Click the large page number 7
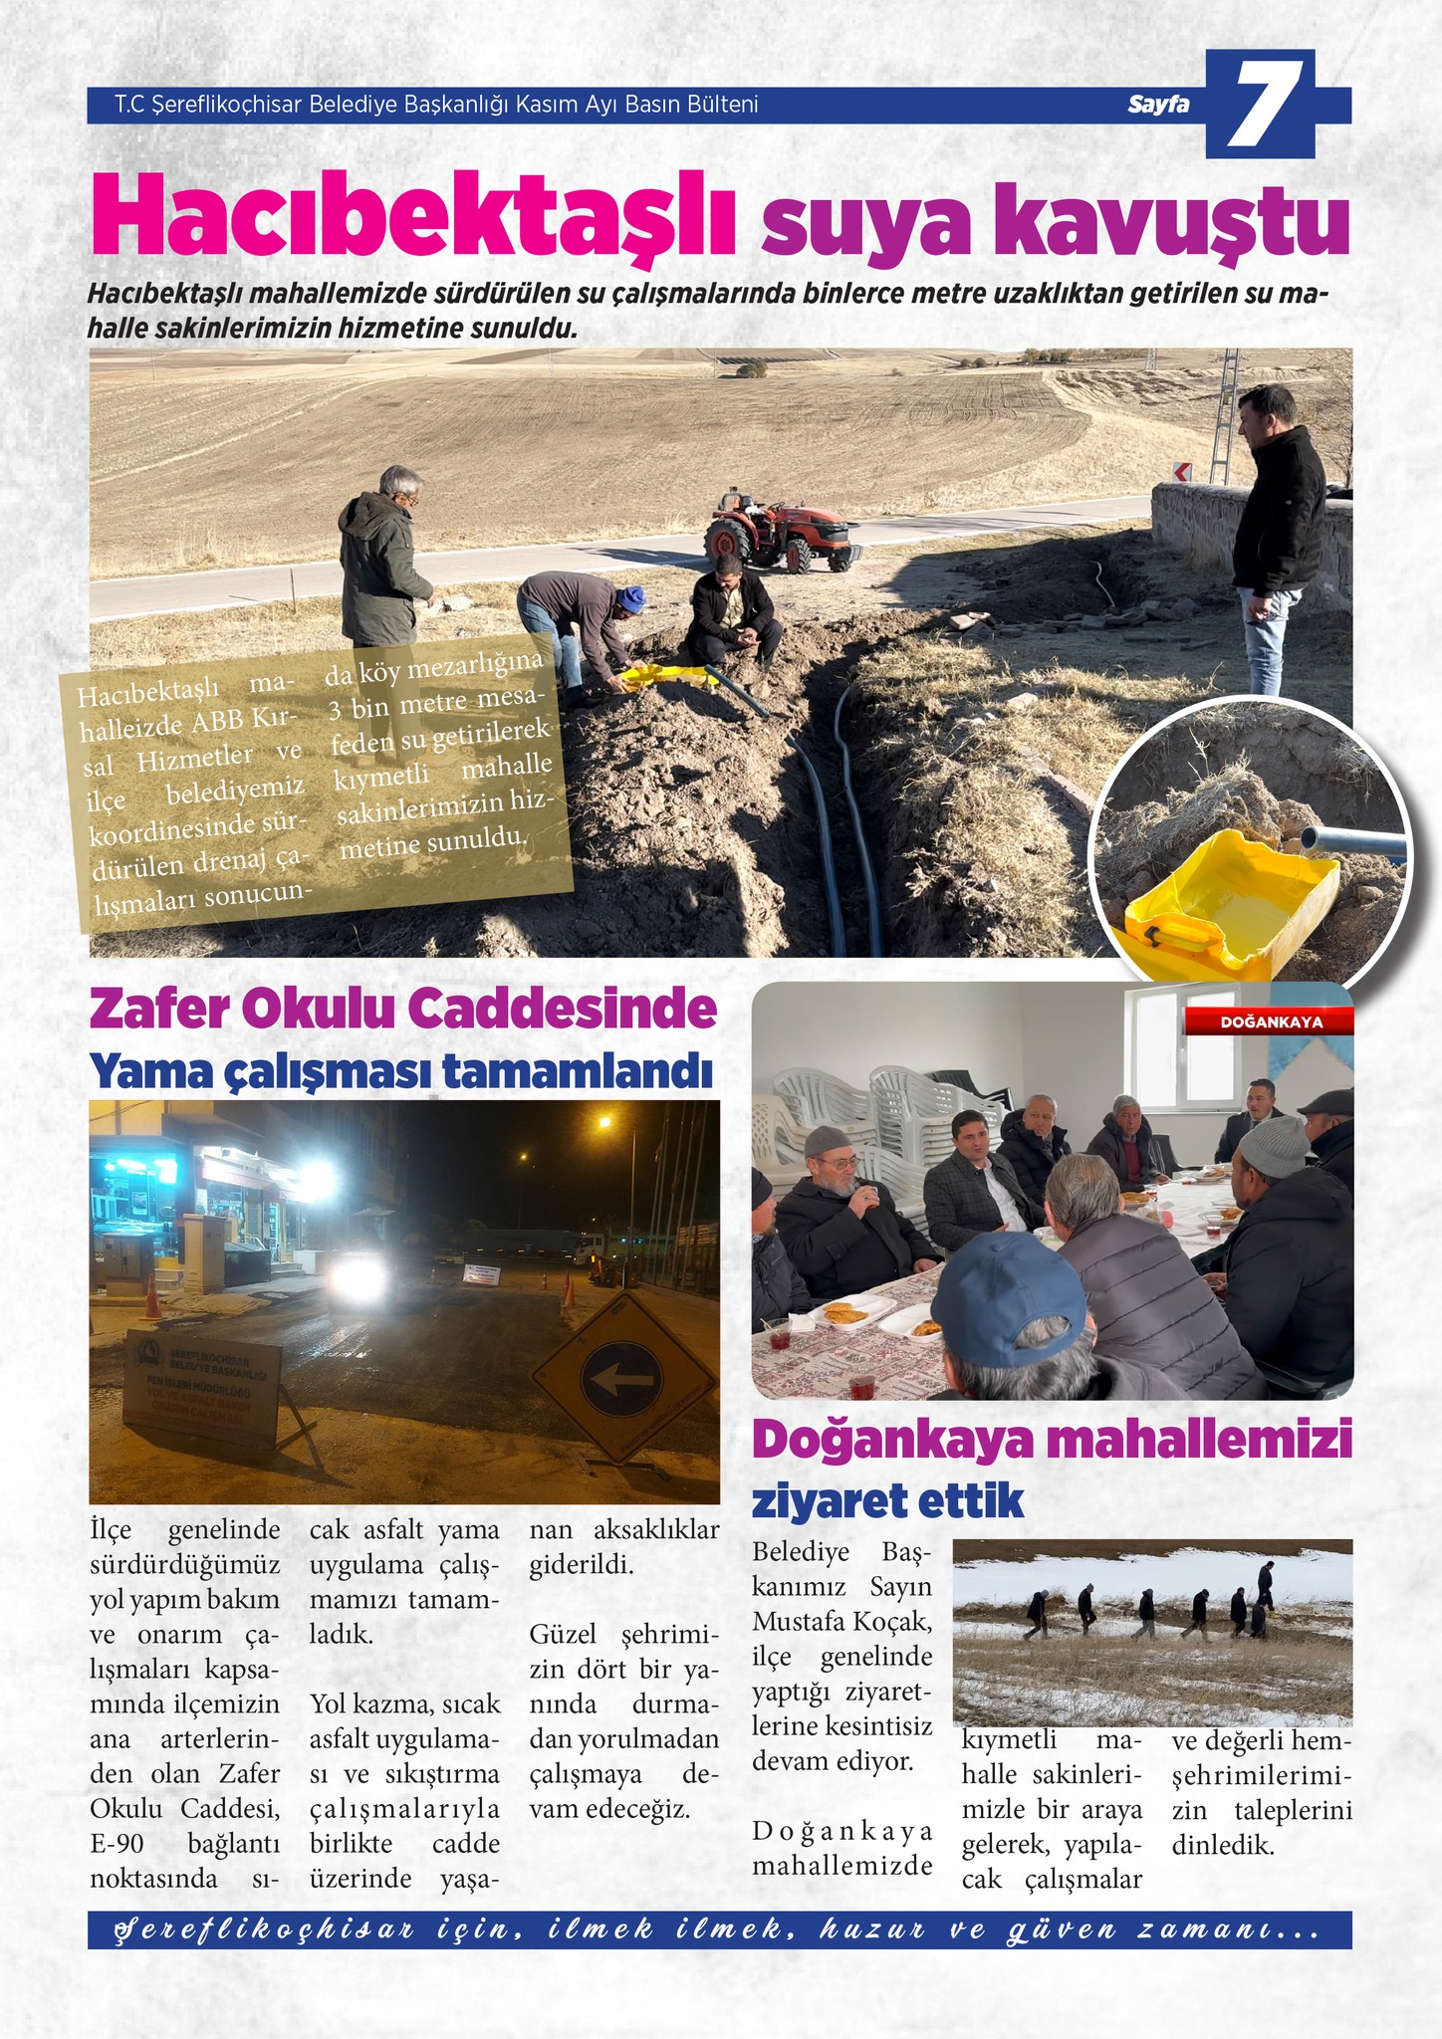click(1263, 106)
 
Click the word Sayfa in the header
click(1159, 105)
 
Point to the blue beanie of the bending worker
click(630, 600)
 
